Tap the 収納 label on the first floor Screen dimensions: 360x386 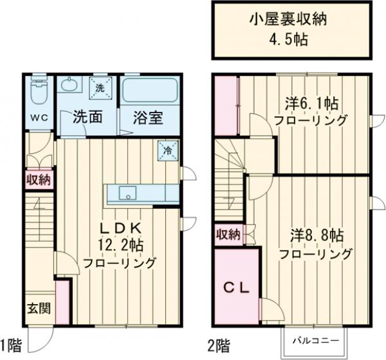click(39, 179)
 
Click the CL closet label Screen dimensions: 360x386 click(236, 287)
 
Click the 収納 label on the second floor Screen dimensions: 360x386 click(228, 233)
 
